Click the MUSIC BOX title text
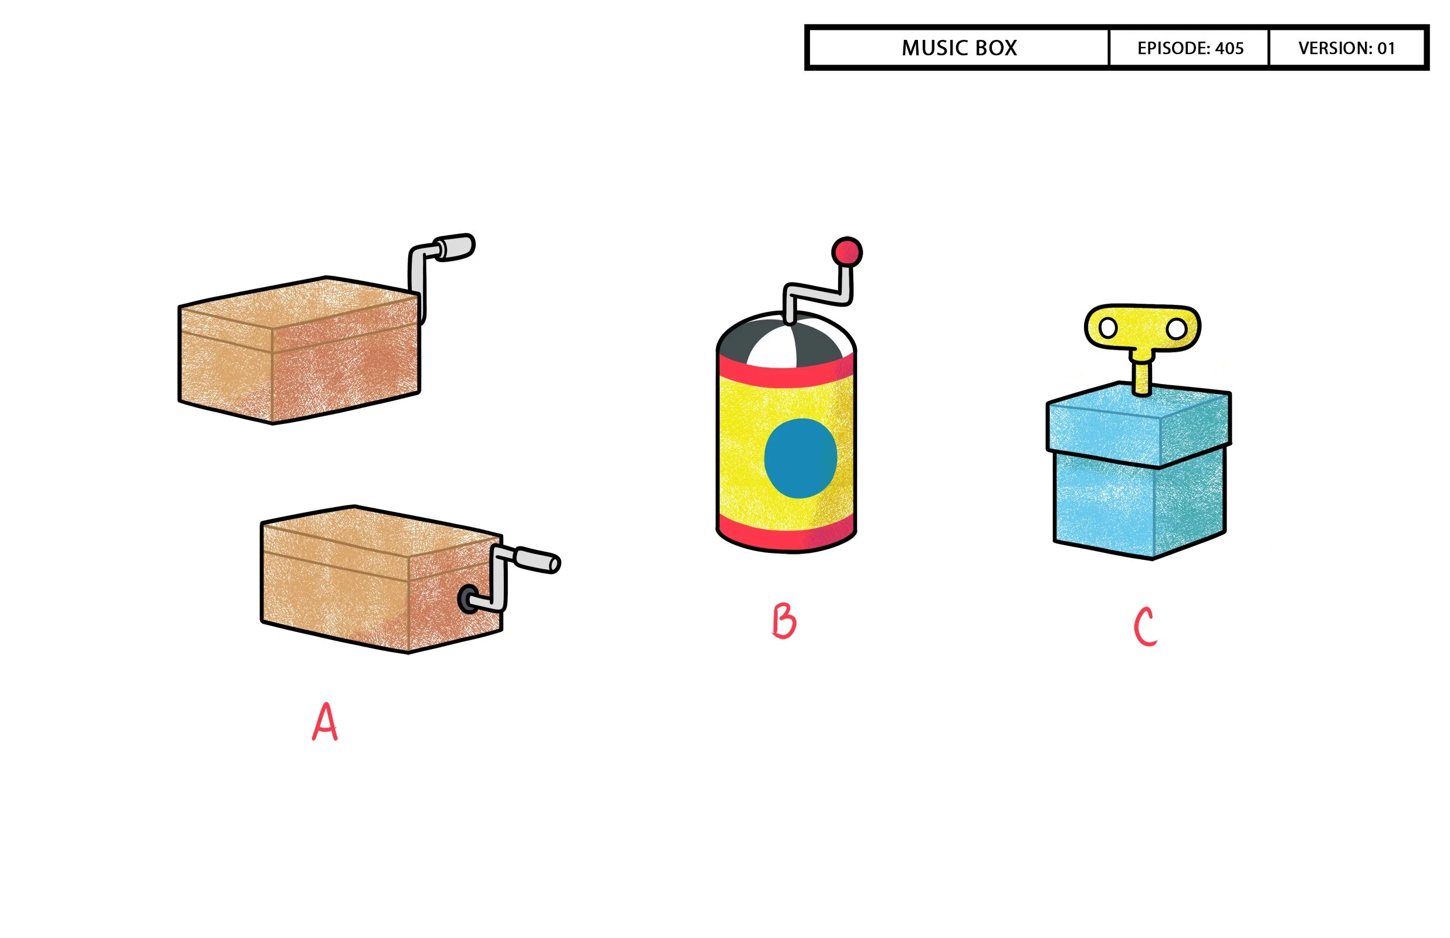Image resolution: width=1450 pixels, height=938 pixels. pos(959,48)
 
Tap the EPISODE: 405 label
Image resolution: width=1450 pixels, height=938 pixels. pos(1190,48)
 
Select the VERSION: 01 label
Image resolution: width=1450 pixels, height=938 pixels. pos(1346,48)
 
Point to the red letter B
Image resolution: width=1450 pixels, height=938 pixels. pos(784,621)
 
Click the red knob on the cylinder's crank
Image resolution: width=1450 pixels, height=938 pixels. pos(847,252)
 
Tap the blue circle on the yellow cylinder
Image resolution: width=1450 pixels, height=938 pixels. pos(800,458)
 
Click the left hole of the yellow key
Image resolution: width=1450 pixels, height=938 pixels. pos(1107,328)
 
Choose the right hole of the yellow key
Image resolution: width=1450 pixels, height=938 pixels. pos(1177,329)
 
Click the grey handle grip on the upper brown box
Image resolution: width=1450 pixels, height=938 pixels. pos(455,247)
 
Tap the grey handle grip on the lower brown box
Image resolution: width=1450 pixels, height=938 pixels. pos(537,560)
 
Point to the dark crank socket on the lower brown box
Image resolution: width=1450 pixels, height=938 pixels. pos(468,599)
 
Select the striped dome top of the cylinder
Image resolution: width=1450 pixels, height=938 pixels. pos(786,341)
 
